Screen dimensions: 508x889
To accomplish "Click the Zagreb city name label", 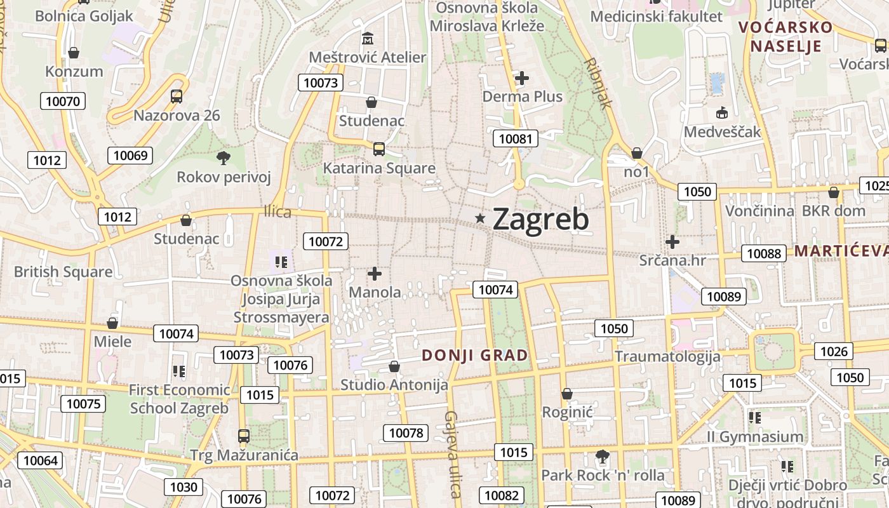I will (540, 219).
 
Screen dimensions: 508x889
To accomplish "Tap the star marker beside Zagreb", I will (481, 218).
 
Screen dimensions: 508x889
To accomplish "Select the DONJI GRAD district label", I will (475, 355).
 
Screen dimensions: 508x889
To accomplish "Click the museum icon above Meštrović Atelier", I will (367, 39).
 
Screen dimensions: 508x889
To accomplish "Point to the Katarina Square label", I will (379, 168).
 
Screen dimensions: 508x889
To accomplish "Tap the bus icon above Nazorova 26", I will (177, 97).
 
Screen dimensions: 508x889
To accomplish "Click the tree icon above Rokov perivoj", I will (223, 158).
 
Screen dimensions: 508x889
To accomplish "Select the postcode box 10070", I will (63, 101).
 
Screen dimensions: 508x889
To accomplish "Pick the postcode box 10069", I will (131, 156).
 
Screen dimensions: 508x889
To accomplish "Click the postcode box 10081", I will (516, 138).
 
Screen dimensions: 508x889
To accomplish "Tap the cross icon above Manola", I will (375, 274).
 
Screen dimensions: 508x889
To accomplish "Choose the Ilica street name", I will (277, 212).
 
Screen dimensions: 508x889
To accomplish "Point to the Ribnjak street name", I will (597, 83).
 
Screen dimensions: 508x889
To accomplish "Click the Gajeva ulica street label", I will (452, 455).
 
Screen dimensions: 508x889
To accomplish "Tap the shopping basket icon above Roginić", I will (566, 394).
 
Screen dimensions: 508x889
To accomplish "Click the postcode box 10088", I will (764, 253).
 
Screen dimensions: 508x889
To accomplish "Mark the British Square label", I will (63, 272).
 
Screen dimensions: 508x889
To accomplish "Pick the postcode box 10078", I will (405, 433).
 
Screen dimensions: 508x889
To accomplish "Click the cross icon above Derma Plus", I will (522, 78).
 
